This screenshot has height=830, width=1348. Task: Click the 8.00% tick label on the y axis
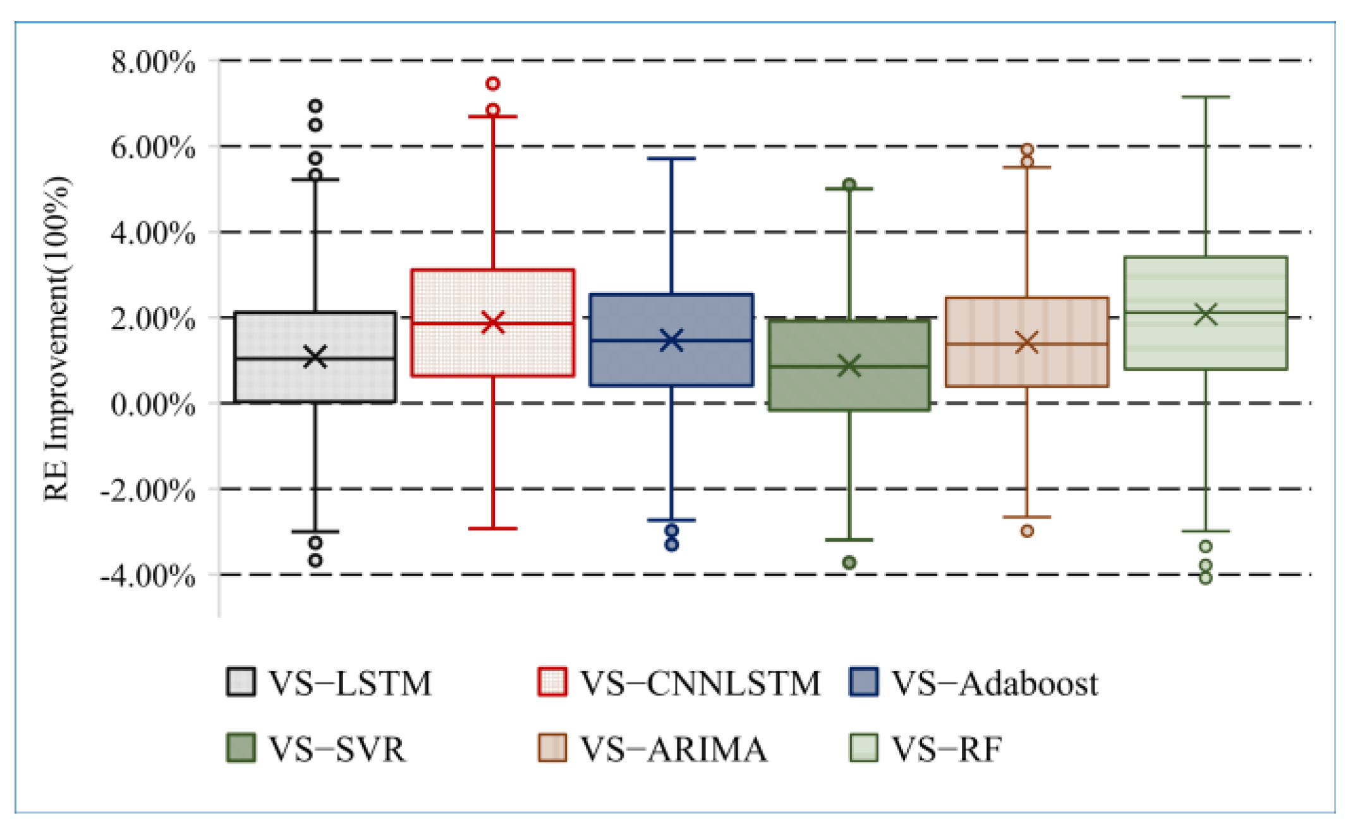point(153,63)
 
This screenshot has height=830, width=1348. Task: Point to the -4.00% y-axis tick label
point(148,575)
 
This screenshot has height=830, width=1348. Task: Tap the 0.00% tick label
point(153,404)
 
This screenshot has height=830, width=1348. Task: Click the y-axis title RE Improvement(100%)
point(57,339)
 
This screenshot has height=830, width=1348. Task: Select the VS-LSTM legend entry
point(329,683)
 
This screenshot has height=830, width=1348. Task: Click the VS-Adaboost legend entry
point(973,683)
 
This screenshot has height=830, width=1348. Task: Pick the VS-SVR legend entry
point(316,749)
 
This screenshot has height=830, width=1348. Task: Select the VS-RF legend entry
point(926,749)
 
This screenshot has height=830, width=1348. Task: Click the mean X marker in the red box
point(493,322)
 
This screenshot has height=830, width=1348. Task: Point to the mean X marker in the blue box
point(671,340)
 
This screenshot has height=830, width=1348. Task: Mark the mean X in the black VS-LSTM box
point(315,357)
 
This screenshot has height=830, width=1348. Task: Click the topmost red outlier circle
point(493,83)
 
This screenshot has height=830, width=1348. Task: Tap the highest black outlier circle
point(315,105)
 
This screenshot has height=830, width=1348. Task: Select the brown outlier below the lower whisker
point(1028,531)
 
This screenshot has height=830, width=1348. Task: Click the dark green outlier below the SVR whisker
point(849,562)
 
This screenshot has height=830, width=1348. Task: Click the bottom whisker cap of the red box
point(493,528)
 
